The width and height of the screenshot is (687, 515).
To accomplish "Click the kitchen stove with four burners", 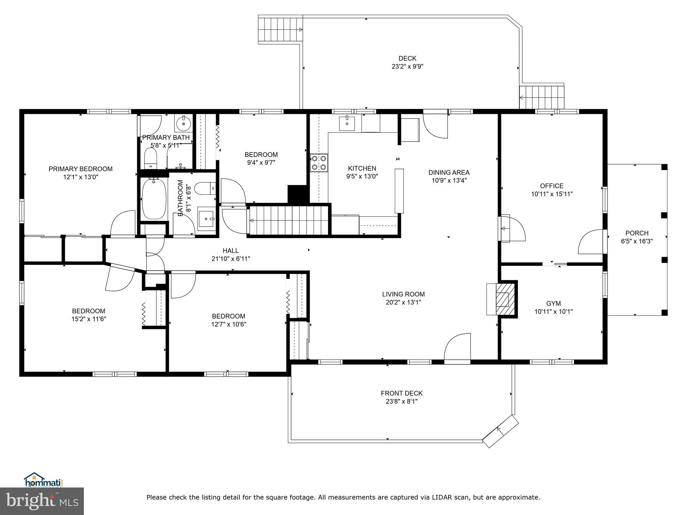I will coord(319,163).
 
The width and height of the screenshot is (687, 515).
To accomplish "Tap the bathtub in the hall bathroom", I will coord(154,199).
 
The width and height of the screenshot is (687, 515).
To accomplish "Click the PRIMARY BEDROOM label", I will coord(81,169).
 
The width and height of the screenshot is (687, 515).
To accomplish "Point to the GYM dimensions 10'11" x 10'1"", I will coord(553,311).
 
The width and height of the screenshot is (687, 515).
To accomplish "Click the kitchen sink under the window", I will coord(347,123).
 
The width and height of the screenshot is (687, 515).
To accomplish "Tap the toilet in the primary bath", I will coord(150,159).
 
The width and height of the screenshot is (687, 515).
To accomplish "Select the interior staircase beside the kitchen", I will coord(288,220).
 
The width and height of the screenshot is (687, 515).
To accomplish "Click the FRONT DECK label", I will coord(402,393).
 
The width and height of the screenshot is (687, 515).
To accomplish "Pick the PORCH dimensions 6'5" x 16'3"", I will coord(637,241).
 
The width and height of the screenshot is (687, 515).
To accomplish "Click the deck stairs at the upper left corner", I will coord(280,30).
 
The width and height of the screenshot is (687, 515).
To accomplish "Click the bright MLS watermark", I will coord(42,501).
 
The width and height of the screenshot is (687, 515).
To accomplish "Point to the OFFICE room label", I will coord(551,186).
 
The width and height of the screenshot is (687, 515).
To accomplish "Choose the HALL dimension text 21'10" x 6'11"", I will coord(231,259).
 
